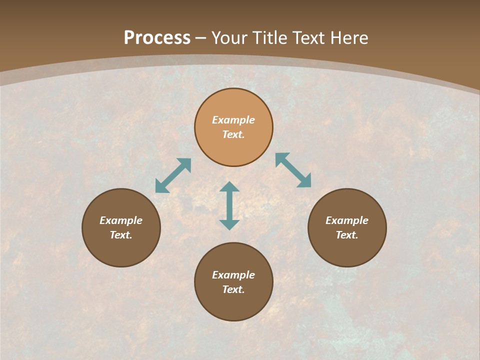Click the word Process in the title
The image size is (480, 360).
[157, 37]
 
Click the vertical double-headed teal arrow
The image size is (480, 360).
[229, 205]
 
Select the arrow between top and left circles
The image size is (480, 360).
[173, 175]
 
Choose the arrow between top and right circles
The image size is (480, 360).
[293, 170]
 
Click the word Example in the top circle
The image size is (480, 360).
[233, 120]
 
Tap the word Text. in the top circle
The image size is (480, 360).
[233, 134]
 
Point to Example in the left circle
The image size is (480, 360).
[121, 220]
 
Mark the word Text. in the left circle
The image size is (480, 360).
[121, 235]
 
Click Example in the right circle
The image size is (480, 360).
[347, 220]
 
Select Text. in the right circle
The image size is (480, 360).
[347, 235]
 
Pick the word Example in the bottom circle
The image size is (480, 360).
[233, 275]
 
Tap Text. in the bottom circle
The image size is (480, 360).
[233, 289]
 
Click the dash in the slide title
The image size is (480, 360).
[201, 38]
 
